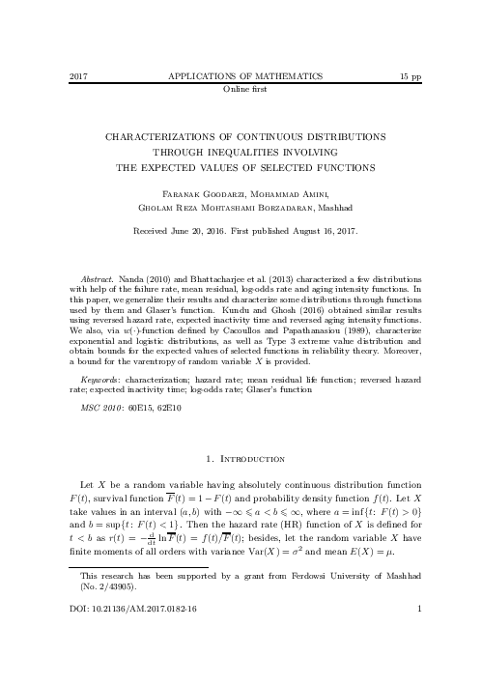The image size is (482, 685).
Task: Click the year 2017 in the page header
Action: click(80, 75)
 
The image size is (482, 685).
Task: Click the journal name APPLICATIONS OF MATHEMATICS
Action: click(241, 75)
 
